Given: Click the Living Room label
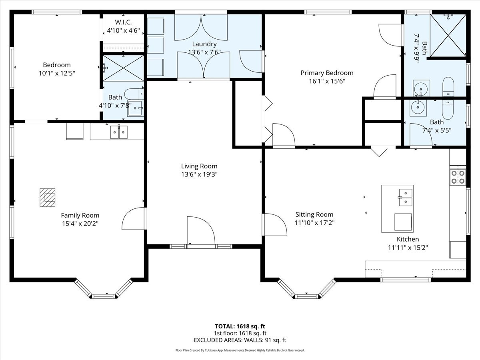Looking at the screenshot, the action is tap(199, 166).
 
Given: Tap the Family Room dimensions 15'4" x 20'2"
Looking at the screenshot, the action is tap(80, 224).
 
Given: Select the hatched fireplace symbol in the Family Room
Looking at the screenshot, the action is tap(48, 197).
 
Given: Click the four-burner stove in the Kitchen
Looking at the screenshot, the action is tap(458, 177).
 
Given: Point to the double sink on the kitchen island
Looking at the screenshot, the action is tap(406, 197).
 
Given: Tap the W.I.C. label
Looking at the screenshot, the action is tap(123, 22).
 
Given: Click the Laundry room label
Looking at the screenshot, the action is tap(204, 44).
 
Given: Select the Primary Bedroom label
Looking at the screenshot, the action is tap(327, 73).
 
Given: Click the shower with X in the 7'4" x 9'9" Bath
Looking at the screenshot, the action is tap(448, 36).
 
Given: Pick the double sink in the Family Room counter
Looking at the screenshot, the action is tap(119, 132).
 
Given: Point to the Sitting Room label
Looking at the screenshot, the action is tap(314, 214).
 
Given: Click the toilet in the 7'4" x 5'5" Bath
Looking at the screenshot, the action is tap(448, 110).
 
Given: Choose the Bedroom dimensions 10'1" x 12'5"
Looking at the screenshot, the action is tap(57, 73).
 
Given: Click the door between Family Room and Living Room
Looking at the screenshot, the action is tap(134, 218).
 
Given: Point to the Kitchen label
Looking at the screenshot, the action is tap(408, 239).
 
